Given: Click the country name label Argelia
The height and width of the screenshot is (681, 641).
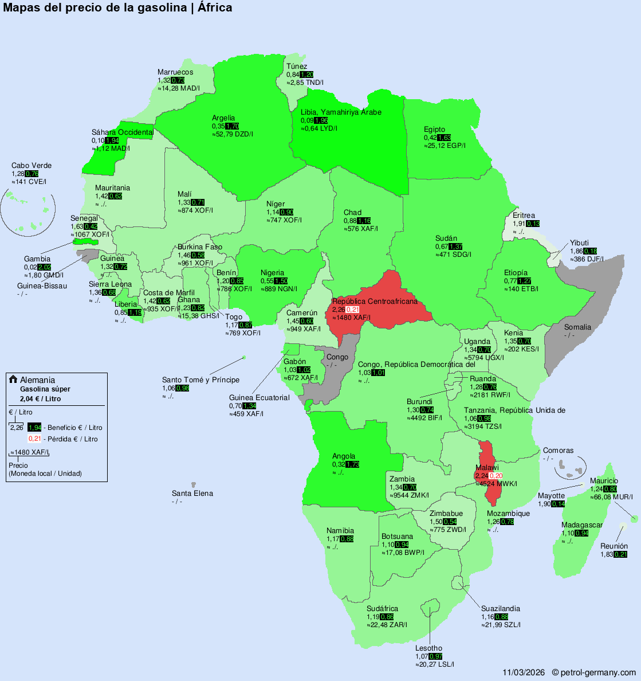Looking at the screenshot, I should [223, 118].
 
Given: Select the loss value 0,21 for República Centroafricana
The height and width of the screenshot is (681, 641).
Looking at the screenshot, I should [353, 310].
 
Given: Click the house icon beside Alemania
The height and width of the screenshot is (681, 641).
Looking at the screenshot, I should [13, 379].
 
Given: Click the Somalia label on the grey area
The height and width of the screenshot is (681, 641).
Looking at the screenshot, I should [577, 327].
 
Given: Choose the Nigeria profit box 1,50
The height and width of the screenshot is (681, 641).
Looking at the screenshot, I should [281, 281].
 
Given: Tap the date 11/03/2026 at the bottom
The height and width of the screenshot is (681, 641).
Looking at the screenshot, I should [524, 672].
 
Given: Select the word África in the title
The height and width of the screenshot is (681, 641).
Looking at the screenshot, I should [214, 7].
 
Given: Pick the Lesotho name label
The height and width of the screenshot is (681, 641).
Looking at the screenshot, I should [429, 648].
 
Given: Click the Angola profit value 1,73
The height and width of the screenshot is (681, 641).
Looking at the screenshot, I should [353, 464].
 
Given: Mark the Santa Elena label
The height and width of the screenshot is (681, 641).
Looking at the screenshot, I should [192, 494].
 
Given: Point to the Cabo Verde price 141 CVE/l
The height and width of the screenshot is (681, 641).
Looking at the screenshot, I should [29, 182].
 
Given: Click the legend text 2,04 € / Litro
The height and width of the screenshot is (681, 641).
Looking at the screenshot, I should [40, 399].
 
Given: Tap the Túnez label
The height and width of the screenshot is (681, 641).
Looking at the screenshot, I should [297, 66].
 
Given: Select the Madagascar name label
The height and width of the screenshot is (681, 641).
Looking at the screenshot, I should [582, 525].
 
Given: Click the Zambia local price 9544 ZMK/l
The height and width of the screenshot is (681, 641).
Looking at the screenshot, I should [409, 495].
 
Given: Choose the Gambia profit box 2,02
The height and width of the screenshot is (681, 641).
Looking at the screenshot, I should [44, 267].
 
